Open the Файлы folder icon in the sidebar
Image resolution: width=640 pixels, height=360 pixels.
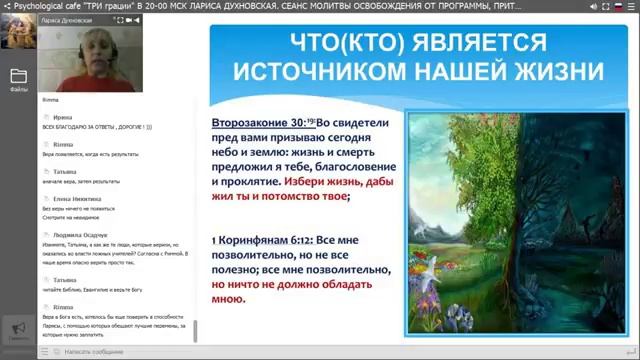[18, 77]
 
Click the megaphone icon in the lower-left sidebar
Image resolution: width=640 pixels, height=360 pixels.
[17, 329]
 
